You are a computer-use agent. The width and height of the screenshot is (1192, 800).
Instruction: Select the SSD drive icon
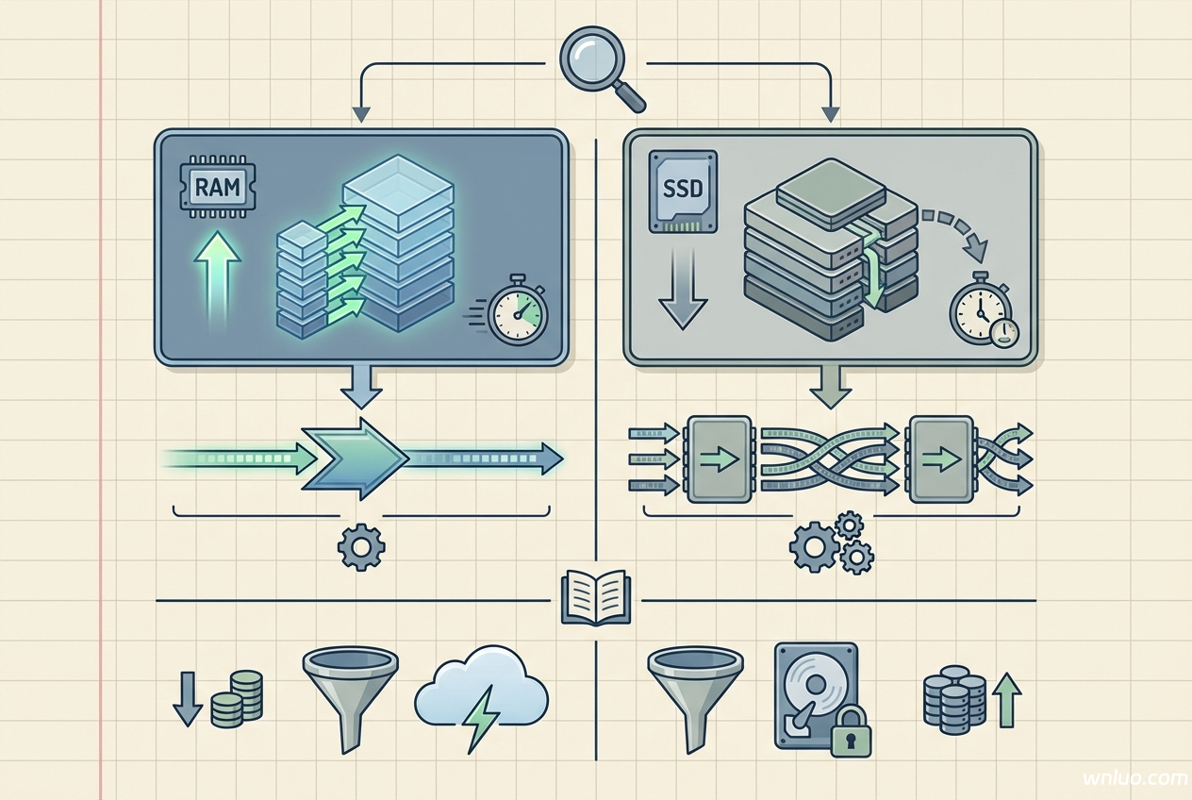(683, 191)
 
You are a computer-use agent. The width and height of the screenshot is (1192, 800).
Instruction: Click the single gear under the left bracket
(360, 548)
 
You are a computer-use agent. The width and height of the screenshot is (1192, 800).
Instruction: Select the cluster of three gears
(833, 543)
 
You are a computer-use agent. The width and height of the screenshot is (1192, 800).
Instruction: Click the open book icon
(595, 596)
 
